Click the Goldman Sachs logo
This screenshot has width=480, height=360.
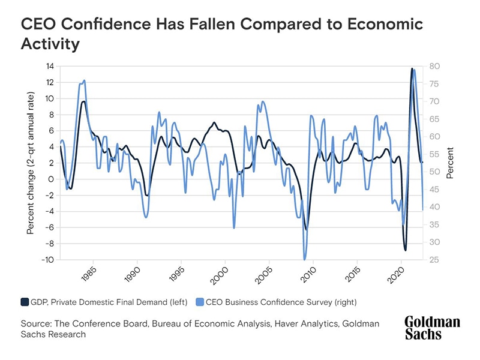pos(431,328)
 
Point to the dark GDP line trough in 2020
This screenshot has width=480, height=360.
pos(405,250)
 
